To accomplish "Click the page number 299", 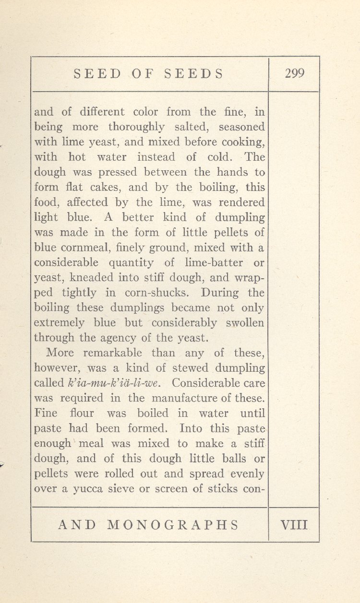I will point(294,73).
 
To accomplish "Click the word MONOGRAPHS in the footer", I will point(173,524).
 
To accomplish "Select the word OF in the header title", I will point(142,74).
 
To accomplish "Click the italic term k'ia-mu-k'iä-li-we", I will point(117,383).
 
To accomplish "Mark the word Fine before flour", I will point(46,413).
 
